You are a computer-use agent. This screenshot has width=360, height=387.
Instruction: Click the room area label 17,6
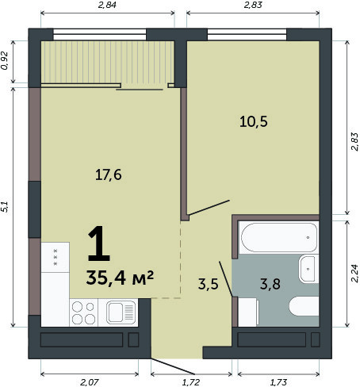tap(109, 175)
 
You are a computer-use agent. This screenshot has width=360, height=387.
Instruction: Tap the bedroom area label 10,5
tap(254, 122)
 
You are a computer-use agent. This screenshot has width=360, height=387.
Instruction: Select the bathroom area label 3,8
tap(270, 284)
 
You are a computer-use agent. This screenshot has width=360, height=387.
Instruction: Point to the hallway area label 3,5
tap(209, 284)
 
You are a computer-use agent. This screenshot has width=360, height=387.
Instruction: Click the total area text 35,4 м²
tap(120, 278)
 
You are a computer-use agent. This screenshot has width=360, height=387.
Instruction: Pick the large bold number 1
tap(99, 243)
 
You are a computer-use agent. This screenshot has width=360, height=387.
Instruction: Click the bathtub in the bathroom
tap(279, 237)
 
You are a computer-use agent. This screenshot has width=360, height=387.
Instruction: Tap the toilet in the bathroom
tap(304, 306)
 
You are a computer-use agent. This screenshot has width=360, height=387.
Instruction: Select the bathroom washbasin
tap(308, 269)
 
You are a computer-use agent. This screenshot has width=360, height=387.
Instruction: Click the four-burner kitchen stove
tap(83, 312)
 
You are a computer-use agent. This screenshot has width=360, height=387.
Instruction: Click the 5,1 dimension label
tap(5, 207)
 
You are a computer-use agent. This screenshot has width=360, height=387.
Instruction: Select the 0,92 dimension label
tap(5, 60)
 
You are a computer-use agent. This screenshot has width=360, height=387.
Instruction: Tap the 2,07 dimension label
tap(90, 382)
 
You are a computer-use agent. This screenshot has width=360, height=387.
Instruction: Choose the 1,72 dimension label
tap(191, 382)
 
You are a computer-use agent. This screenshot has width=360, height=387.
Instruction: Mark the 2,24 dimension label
tap(354, 274)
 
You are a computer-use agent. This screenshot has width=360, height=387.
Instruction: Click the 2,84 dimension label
tap(107, 5)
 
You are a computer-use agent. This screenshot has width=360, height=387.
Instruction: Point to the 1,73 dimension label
tap(278, 382)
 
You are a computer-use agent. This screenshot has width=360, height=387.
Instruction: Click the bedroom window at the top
tap(247, 34)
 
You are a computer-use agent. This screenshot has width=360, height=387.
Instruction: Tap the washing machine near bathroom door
tap(248, 312)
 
